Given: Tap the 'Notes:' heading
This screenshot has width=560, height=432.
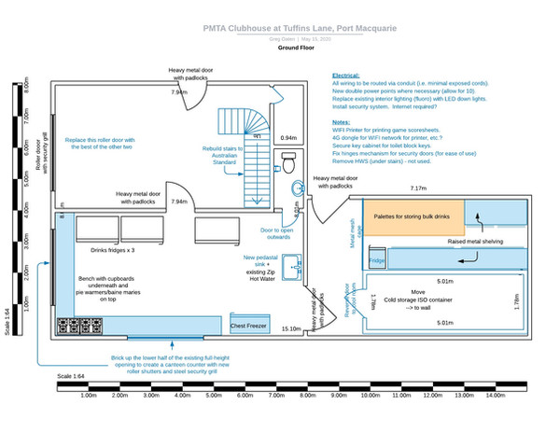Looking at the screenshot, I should pyautogui.click(x=341, y=121).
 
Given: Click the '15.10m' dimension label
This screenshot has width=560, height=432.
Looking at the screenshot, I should pyautogui.click(x=290, y=328).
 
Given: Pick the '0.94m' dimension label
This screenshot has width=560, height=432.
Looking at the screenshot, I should pyautogui.click(x=288, y=138).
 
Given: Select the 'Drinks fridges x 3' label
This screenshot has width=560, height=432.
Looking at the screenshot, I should pyautogui.click(x=113, y=251).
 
